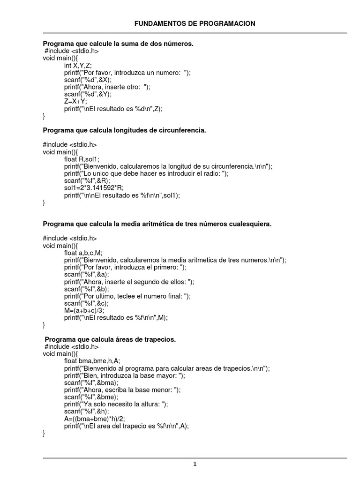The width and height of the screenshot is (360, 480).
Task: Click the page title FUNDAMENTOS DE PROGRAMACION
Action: [195, 23]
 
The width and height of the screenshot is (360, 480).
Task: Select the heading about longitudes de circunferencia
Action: [124, 130]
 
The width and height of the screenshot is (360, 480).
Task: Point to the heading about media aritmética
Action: [157, 224]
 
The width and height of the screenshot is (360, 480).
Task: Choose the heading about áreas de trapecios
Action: [110, 339]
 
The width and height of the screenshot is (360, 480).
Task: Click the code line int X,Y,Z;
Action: [78, 65]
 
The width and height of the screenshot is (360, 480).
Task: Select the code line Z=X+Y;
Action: [75, 101]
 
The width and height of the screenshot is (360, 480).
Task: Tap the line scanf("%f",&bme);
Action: [91, 397]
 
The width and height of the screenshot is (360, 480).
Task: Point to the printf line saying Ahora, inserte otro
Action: [107, 87]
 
